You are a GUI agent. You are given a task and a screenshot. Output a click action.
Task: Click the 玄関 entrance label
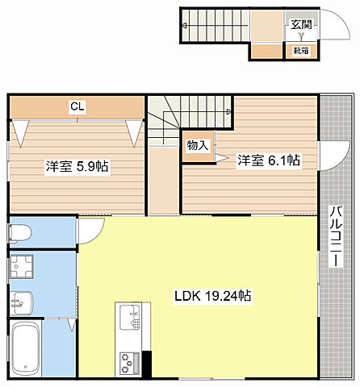coord(301,25)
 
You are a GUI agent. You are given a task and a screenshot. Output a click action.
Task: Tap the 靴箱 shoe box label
coord(301,51)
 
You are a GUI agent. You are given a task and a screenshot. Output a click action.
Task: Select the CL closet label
coord(77,106)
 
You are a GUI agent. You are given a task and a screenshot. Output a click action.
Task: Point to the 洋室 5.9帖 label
coord(77,166)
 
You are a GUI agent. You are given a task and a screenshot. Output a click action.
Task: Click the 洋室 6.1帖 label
coord(269,160)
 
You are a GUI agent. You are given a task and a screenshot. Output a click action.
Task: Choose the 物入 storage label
coord(198,145)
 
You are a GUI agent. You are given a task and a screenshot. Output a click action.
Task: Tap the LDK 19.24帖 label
coord(213,296)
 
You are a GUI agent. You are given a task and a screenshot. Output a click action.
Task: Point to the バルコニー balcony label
coord(336,236)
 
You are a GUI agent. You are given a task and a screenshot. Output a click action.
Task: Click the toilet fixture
coord(20,233)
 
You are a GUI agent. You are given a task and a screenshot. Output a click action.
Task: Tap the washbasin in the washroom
coord(22,303)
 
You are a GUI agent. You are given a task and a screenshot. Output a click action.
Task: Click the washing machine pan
coord(22,266)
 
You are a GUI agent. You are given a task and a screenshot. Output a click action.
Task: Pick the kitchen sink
coord(130,317)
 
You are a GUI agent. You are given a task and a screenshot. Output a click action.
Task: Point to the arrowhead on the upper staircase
coord(185,26)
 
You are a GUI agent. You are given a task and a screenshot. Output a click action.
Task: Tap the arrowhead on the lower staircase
coord(229,111)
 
